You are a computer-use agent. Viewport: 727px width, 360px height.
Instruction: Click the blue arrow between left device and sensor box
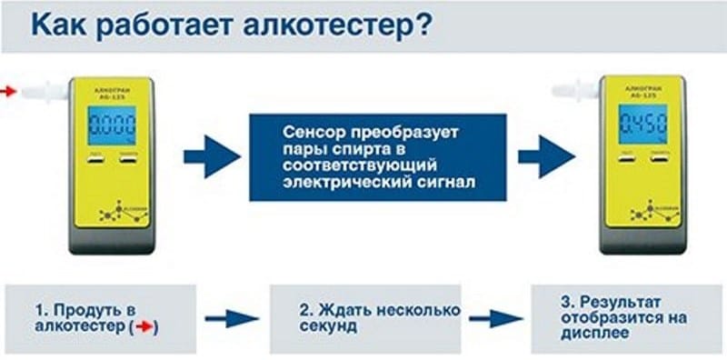click(212, 155)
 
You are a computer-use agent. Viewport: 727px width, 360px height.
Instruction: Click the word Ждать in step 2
click(340, 308)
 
